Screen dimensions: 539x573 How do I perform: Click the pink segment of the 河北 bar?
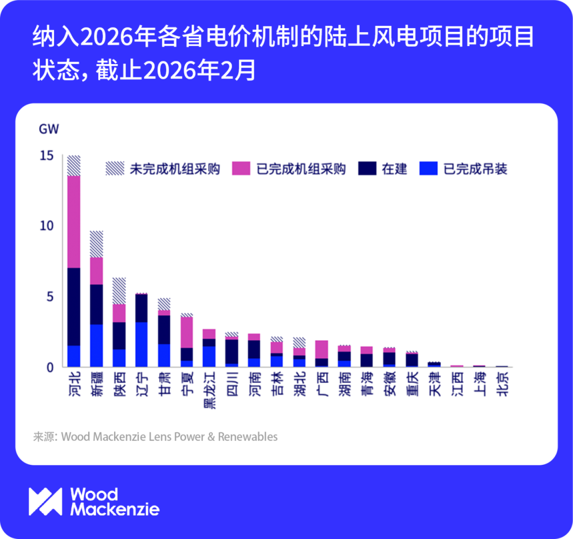point(74,222)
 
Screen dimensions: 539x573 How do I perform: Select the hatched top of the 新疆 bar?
point(96,244)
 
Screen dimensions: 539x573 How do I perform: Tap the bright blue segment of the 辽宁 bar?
point(141,344)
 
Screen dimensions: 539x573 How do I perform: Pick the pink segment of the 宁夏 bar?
point(187,332)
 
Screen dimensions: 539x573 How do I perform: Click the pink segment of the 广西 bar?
point(322,349)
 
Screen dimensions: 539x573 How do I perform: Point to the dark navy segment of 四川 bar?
point(232,351)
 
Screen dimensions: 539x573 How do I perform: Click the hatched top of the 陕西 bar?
point(119,290)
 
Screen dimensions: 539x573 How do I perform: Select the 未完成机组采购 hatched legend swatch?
point(114,169)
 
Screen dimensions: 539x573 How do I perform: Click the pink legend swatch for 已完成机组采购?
point(241,169)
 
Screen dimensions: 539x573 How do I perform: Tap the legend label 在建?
point(394,169)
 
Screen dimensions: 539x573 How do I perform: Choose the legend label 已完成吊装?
point(475,169)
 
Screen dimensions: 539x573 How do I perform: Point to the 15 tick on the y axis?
point(46,155)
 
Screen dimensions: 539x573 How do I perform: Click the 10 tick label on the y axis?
point(46,226)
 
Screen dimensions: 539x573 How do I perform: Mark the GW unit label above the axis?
point(49,129)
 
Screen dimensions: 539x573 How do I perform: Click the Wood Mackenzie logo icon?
point(46,501)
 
